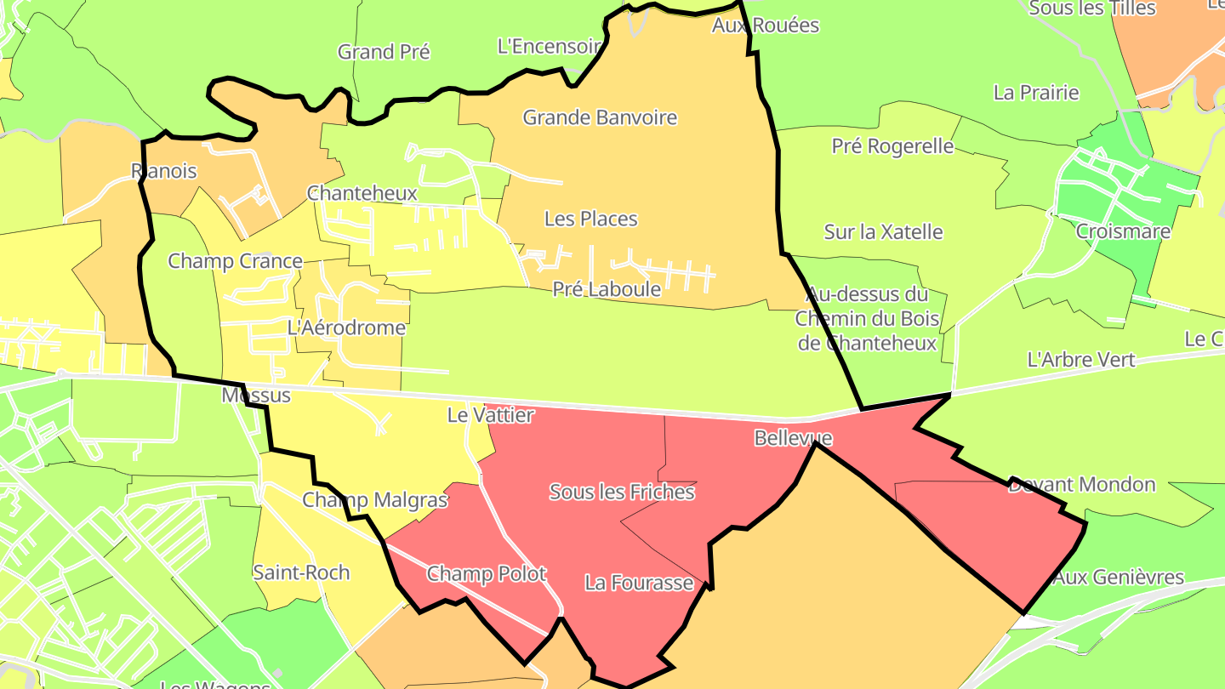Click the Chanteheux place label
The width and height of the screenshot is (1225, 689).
coord(362,193)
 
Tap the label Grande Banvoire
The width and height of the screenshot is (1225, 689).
coord(600,117)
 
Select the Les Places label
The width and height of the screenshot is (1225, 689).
coord(590,219)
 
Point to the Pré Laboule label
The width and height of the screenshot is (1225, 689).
coord(607,289)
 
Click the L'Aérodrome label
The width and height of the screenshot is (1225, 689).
coord(346,327)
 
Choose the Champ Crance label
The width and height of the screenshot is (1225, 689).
coord(235,261)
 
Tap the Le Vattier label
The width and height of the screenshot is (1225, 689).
coord(490,415)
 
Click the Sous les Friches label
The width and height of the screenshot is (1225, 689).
coord(622,492)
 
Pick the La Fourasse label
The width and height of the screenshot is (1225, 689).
coord(639,583)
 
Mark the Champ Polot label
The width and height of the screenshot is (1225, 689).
coord(487,574)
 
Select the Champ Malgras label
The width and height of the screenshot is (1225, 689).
coord(375,499)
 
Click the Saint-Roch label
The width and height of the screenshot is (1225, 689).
coord(301,572)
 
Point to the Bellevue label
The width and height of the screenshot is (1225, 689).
coord(793,438)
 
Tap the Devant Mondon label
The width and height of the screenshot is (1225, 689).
coord(1082,485)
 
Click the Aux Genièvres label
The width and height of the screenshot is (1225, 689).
coord(1119,578)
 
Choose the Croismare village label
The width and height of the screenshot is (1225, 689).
coord(1123,231)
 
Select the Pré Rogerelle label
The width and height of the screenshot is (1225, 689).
coord(892,146)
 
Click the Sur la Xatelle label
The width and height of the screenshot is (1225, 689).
coord(883,231)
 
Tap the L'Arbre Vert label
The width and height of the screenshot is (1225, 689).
coord(1081,360)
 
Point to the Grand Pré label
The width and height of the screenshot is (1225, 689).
coord(384,52)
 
